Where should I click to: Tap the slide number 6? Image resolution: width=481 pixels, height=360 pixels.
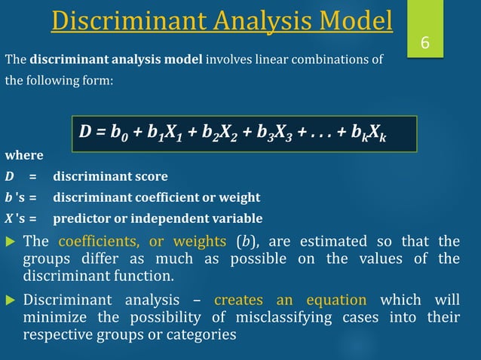tap(424, 44)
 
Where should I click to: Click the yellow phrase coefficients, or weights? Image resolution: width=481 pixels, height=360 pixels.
tap(142, 242)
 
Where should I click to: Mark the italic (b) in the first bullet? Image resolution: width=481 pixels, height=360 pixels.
tap(244, 242)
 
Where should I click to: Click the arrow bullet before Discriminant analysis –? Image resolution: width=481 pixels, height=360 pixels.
tap(10, 299)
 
